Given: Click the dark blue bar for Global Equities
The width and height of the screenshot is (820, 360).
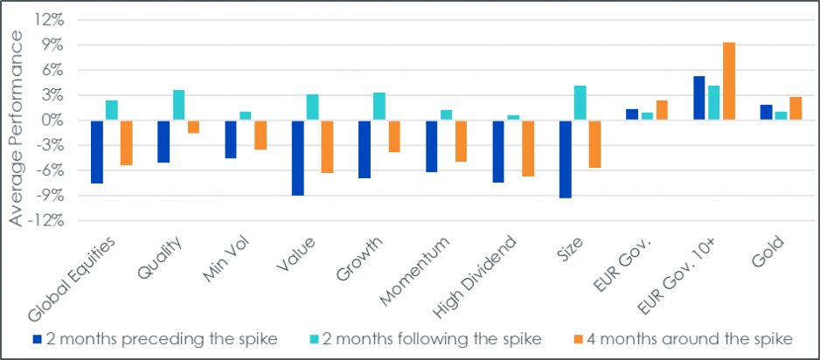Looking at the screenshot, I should (x=97, y=152).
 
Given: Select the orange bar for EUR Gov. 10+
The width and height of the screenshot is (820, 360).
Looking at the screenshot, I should (x=728, y=81).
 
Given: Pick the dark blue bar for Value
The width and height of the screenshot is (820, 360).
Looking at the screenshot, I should (x=298, y=158).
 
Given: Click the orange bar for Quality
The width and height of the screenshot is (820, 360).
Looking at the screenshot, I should (x=192, y=127).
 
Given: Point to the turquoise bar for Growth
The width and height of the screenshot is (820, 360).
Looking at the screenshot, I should (x=379, y=107).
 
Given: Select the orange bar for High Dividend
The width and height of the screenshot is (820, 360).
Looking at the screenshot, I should (x=527, y=149).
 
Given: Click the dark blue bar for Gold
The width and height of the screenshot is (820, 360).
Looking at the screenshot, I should (x=766, y=113).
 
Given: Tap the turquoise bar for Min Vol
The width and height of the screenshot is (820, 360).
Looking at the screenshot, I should (x=245, y=116).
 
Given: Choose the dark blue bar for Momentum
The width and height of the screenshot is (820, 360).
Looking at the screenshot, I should (x=432, y=147).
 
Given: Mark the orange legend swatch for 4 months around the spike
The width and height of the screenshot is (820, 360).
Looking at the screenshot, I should (x=577, y=339).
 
